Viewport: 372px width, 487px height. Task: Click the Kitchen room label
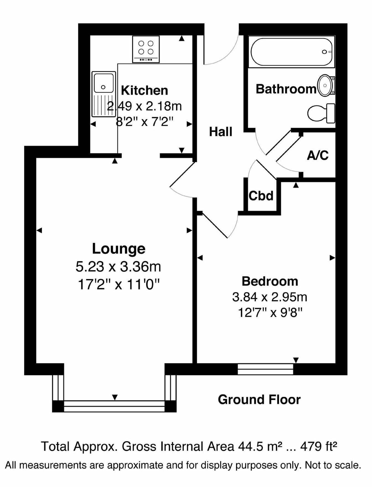tap(144, 90)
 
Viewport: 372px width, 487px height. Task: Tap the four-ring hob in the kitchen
tap(146, 49)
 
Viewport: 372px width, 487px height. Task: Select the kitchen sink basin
tap(103, 83)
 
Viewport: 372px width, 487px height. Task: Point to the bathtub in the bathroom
tap(291, 52)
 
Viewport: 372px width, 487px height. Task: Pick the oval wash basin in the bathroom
tap(326, 85)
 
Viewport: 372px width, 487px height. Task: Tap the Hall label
tap(220, 132)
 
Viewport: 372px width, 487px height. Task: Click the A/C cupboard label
tap(318, 155)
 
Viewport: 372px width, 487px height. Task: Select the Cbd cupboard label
tap(261, 196)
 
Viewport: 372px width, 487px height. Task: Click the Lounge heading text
tap(118, 248)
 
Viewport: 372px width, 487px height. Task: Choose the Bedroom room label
tap(270, 281)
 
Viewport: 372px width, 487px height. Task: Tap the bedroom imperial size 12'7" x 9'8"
tap(270, 313)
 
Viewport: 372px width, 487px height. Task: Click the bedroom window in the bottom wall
tap(265, 369)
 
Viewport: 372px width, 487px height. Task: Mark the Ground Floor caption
tap(259, 400)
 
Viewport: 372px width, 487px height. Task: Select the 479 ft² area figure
tap(319, 446)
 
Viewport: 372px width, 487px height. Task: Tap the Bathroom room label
tap(286, 89)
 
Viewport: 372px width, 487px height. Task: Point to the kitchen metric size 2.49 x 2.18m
tap(144, 106)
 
